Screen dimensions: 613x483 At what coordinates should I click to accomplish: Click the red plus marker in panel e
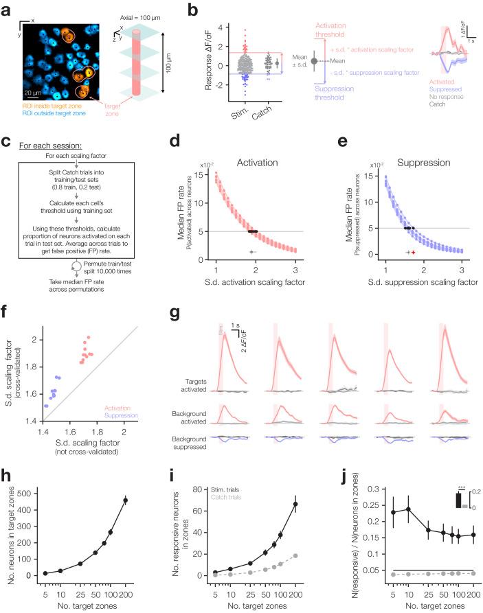click(413, 253)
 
